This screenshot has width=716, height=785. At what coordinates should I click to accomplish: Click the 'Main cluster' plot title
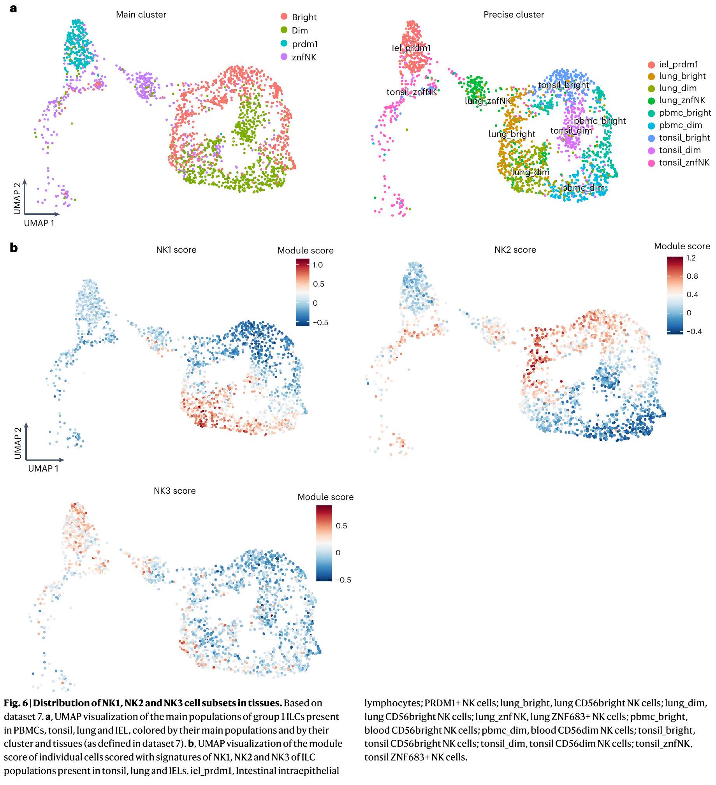141,15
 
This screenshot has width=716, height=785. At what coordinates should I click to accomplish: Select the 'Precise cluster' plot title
513,15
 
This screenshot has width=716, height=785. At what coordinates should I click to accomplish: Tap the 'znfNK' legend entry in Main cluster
304,58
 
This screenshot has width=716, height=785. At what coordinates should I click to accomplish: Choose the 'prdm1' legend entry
304,44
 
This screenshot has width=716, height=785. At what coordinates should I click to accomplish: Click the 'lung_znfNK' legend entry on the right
682,100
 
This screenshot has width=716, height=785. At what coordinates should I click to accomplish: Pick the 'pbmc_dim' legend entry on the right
680,125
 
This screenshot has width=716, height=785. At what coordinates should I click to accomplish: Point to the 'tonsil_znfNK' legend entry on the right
684,163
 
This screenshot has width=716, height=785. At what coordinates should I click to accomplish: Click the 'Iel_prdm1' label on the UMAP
411,48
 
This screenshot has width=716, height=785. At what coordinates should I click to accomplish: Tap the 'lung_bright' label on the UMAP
512,134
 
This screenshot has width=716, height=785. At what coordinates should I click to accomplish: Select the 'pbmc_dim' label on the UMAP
583,188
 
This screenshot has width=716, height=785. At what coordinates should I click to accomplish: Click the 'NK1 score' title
176,250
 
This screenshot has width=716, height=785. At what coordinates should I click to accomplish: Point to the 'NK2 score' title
515,250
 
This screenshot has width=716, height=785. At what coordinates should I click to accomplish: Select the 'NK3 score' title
174,491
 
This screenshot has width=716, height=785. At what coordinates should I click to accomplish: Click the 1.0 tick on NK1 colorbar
317,265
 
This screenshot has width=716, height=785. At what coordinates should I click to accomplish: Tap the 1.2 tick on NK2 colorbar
691,258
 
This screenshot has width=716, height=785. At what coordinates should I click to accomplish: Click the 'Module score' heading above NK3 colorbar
325,497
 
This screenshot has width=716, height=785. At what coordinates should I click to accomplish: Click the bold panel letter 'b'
14,248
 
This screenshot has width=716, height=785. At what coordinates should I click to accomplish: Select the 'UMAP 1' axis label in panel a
39,224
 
